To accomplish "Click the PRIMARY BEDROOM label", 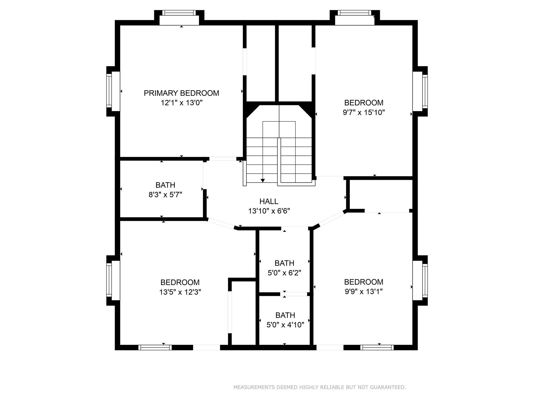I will [181, 93].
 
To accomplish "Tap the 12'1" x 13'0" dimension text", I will [181, 103].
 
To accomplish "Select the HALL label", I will [269, 201].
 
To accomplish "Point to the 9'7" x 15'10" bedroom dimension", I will [363, 113].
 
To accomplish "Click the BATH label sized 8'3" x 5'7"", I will [165, 185].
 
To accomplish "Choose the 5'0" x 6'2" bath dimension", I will [284, 273].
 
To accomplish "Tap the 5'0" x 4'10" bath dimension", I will [285, 325].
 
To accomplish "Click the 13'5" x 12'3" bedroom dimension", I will [180, 292].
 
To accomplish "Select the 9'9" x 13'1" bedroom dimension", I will [363, 292].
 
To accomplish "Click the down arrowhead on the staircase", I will [263, 180].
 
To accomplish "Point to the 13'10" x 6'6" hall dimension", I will [269, 211].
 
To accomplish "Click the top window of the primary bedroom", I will [179, 13].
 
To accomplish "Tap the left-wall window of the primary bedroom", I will [109, 91].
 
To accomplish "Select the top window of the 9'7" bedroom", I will [354, 13].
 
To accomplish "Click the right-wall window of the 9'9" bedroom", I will [425, 280].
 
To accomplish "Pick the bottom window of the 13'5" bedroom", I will [155, 347].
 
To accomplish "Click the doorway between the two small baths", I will [294, 294].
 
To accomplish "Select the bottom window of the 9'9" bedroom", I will [377, 347].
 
